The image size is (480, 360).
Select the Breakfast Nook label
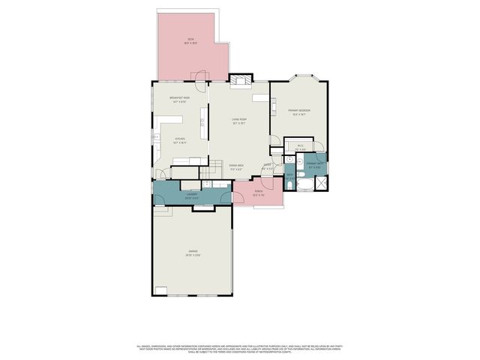coord(180,99)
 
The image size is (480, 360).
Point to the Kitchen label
coord(180,139)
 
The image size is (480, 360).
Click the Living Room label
coord(239,121)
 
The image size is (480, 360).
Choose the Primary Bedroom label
coord(299,112)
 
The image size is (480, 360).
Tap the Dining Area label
coord(236,166)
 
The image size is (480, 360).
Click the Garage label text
coord(193,253)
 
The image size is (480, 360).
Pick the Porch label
coord(258,192)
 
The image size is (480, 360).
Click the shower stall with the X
coord(321,181)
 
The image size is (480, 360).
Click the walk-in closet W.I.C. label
coord(300,147)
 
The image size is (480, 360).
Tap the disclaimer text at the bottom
coord(239,349)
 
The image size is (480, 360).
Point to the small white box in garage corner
coord(161,290)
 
